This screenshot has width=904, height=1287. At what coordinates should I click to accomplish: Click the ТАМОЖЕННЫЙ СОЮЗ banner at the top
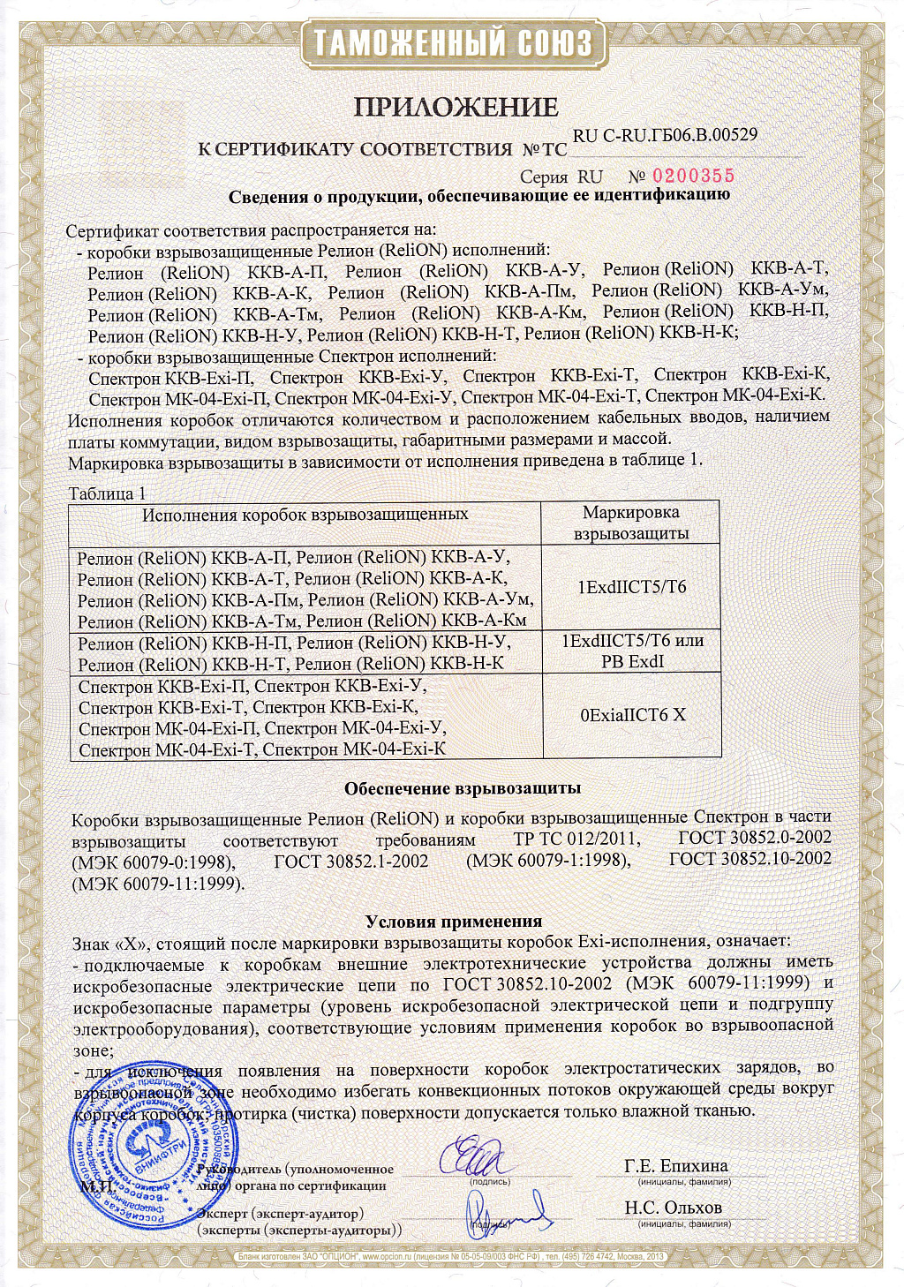452,42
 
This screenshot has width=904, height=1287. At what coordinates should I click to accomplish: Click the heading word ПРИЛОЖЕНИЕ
456,107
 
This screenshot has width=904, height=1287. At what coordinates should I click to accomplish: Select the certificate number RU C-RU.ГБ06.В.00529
665,135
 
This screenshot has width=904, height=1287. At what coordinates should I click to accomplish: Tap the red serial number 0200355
693,176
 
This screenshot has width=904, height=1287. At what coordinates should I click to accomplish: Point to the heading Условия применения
454,922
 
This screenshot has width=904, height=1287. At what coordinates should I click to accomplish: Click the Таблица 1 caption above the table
107,493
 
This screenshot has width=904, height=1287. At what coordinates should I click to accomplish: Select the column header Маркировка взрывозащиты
630,523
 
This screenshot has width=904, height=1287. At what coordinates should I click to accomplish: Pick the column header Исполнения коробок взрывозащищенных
305,515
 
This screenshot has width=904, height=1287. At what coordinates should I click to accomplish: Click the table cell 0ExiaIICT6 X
632,715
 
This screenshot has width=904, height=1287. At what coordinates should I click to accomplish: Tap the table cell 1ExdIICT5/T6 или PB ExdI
632,651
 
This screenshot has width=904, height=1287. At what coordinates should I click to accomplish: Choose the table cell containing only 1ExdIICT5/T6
631,587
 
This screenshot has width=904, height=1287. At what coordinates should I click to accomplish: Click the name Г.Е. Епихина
675,1165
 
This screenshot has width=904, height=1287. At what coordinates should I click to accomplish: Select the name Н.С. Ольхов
673,1208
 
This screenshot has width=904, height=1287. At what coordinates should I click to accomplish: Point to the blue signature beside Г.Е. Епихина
481,1157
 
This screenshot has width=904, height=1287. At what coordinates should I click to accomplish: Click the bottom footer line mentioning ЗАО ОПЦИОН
451,1256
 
